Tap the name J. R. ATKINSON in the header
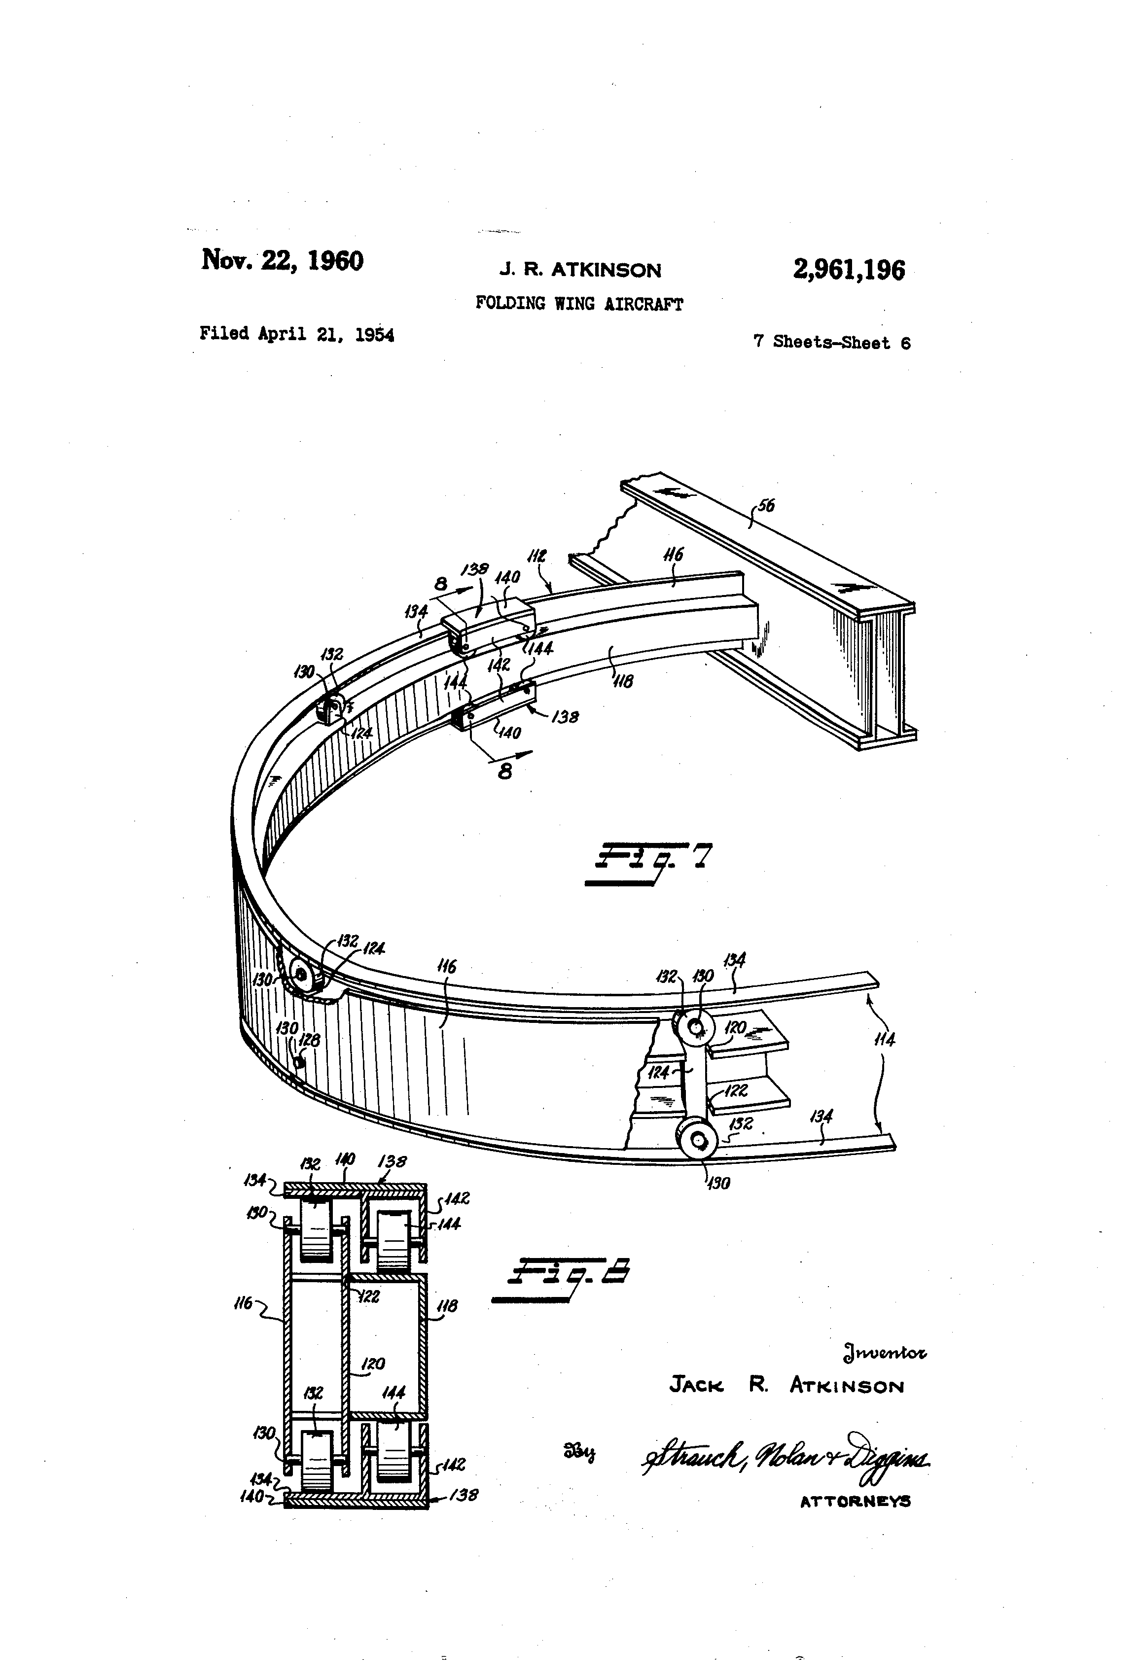pyautogui.click(x=580, y=270)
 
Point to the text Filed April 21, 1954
pyautogui.click(x=296, y=334)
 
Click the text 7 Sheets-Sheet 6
pyautogui.click(x=831, y=342)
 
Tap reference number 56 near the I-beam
pyautogui.click(x=765, y=505)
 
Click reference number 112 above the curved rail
pyautogui.click(x=536, y=556)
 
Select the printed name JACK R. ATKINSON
pyautogui.click(x=786, y=1385)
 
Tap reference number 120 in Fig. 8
pyautogui.click(x=372, y=1364)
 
